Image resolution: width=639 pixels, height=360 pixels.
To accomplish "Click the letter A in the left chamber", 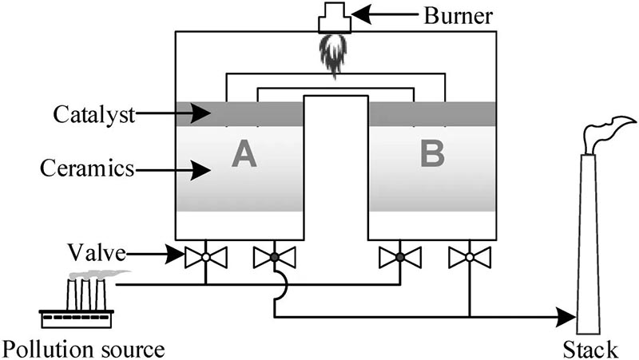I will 244,155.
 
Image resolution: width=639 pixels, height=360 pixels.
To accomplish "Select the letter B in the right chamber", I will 432,155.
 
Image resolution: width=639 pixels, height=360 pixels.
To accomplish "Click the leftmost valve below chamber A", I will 206,257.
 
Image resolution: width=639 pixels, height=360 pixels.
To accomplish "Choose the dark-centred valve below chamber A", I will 274,257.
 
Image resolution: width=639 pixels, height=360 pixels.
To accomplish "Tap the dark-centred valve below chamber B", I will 399,257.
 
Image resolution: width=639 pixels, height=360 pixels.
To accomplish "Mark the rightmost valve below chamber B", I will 468,257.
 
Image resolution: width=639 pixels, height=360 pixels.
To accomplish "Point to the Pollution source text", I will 83,349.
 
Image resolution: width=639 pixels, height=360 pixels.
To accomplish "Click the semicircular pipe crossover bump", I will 280,283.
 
